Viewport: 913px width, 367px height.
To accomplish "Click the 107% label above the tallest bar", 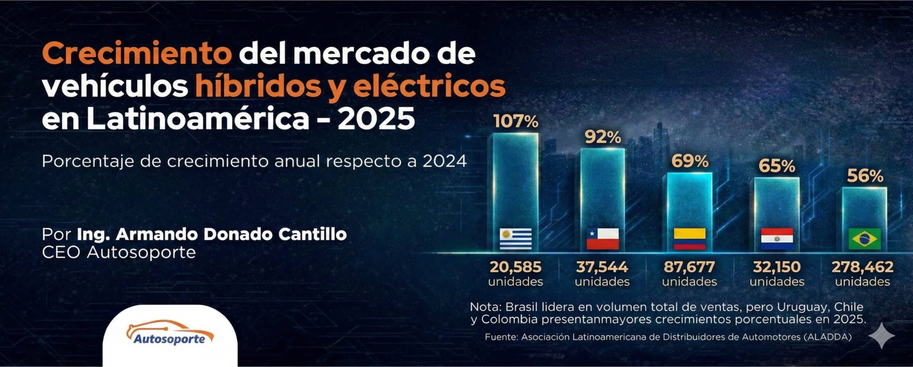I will pos(516,122).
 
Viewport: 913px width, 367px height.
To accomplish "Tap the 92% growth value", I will pos(603,137).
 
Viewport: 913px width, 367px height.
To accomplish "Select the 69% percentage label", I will pos(690,161).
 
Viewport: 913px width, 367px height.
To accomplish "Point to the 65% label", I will pos(777,166).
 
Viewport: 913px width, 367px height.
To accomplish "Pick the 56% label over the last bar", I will pos(865,176).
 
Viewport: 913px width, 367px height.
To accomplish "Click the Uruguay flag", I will pos(516,239).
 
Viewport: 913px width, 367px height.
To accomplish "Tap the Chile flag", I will pos(603,239).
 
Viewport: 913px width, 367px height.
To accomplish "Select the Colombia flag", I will pos(690,239).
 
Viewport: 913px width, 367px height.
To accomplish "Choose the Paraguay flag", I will pos(777,239).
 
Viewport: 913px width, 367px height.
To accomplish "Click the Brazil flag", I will pos(864,239).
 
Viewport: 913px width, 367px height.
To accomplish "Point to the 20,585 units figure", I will pos(516,267).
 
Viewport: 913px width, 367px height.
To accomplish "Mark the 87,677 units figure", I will pos(689,267).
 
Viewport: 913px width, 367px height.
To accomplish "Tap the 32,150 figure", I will pos(777,267).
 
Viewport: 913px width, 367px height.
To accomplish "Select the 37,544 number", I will pos(602,267).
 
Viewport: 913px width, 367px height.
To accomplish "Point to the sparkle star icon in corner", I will pos(882,336).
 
